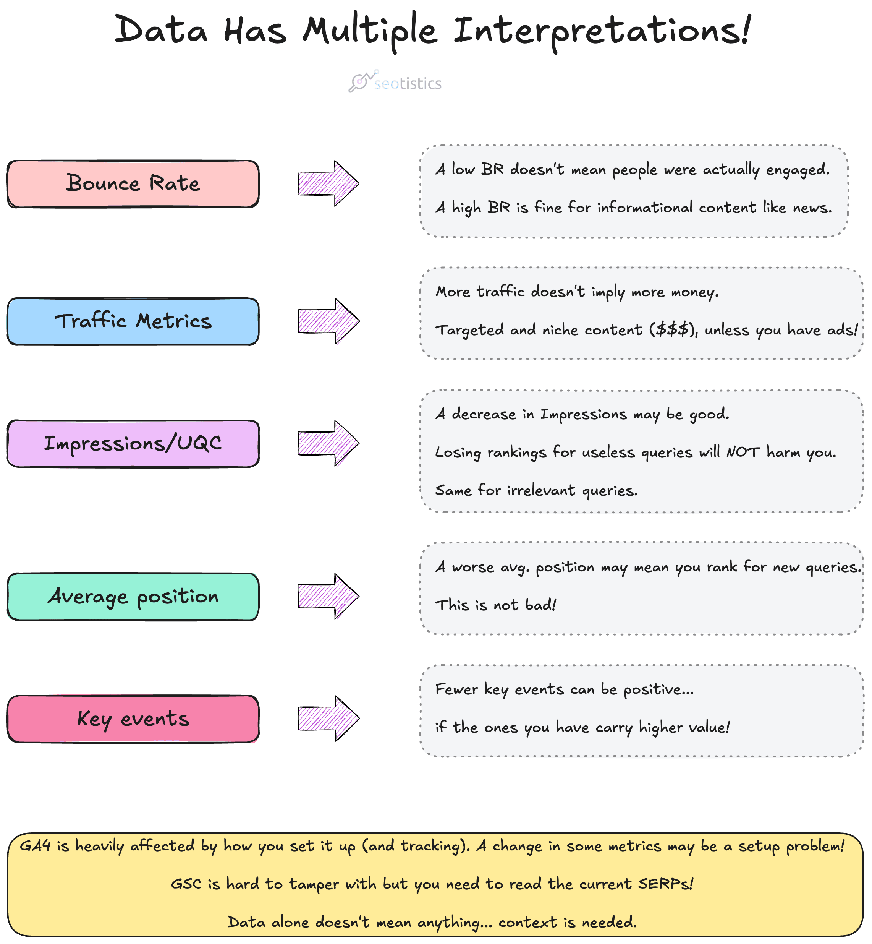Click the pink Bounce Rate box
(x=133, y=184)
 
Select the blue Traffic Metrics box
(x=133, y=321)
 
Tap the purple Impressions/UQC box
(x=133, y=443)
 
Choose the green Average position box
(x=133, y=597)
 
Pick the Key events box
(x=133, y=719)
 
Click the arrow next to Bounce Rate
(x=328, y=183)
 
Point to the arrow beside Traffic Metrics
(x=328, y=321)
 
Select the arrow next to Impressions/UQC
(x=328, y=443)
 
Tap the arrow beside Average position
(x=328, y=597)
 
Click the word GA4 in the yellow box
(x=36, y=845)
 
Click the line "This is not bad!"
(x=496, y=605)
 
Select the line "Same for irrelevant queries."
(x=536, y=491)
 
